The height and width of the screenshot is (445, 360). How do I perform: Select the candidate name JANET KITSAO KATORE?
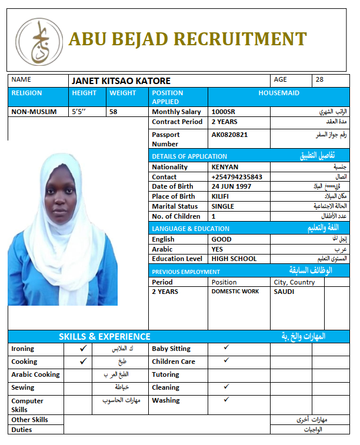[121, 81]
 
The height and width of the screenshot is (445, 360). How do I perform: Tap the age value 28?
[319, 79]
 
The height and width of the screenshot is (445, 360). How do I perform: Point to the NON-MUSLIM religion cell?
[34, 112]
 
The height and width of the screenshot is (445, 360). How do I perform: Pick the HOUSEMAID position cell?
[279, 93]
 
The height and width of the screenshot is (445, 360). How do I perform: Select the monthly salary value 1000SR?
[223, 112]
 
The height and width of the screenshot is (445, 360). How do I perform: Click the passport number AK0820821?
[229, 135]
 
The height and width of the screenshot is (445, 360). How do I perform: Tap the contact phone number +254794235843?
[236, 177]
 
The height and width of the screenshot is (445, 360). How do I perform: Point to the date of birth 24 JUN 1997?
[231, 186]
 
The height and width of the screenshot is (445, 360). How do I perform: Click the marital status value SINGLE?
[222, 206]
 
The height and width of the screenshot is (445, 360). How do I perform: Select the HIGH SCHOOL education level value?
[234, 259]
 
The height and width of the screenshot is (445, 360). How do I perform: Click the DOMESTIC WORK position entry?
[235, 292]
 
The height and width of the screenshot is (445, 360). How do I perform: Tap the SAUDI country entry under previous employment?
[284, 292]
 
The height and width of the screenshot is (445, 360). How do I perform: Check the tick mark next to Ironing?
[83, 348]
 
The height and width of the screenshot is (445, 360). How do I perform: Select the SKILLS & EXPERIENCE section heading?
[104, 337]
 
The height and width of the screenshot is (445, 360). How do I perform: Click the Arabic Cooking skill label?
[35, 374]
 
